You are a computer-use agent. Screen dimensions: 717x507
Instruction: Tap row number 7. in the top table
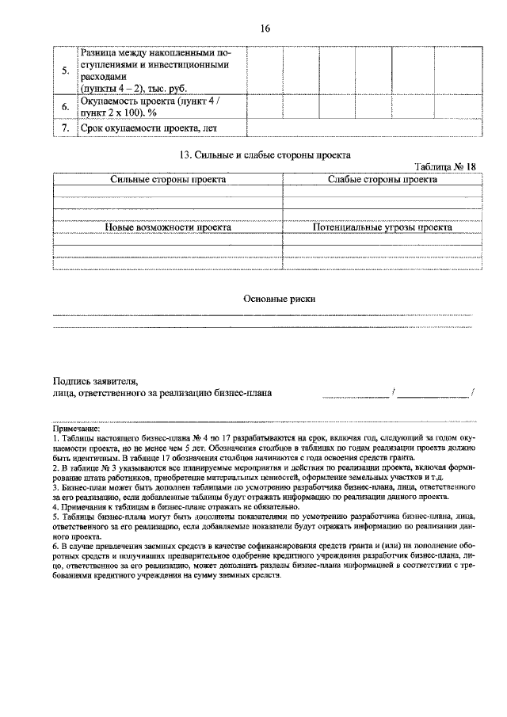click(x=65, y=128)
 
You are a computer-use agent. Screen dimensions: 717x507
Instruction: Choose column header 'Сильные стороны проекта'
click(x=168, y=180)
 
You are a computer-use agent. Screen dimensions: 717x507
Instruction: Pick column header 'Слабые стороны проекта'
click(x=382, y=180)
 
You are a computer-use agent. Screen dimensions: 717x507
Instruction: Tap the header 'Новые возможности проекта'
click(x=168, y=227)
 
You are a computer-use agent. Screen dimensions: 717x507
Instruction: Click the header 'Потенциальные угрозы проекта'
click(x=382, y=227)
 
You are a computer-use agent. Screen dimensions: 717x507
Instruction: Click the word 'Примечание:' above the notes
click(x=77, y=429)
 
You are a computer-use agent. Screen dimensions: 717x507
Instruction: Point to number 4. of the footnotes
click(x=55, y=506)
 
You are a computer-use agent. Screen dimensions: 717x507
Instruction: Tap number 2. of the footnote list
click(x=55, y=468)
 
